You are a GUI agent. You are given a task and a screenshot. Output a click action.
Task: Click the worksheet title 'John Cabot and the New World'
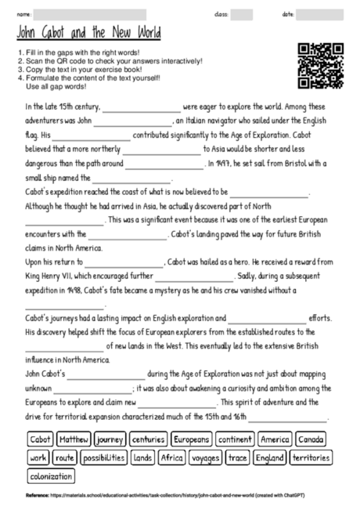coord(88,34)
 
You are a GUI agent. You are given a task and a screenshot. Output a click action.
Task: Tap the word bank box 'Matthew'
coord(74,440)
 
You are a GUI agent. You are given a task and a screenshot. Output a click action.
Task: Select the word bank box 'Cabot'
coord(40,440)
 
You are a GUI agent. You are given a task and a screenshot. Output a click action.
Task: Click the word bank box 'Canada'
coord(311,440)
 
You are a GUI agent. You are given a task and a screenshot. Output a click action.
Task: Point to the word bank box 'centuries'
coord(148,440)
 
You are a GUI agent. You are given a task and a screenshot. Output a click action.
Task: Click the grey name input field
coord(90,14)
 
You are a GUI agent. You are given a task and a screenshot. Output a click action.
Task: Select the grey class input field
coord(242,14)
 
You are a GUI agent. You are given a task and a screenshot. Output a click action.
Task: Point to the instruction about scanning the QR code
coord(110,61)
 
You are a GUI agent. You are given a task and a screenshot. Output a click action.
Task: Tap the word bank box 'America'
coord(275,440)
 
